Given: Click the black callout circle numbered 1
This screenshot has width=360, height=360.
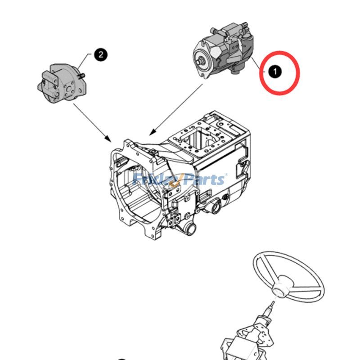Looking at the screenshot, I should click(x=274, y=71).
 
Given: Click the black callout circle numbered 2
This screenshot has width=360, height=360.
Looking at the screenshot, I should click(x=100, y=55).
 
